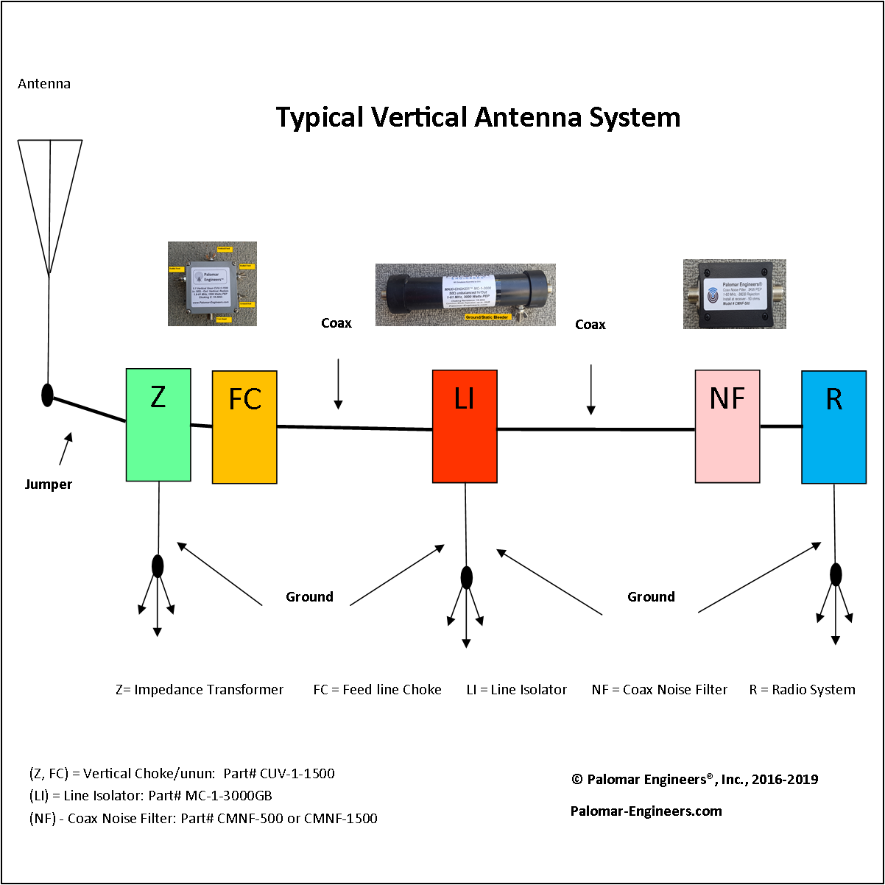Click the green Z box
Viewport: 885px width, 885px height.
click(x=158, y=425)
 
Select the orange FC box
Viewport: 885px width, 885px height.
click(x=244, y=427)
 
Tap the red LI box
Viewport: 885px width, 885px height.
click(x=465, y=426)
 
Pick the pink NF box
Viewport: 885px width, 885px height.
click(x=727, y=426)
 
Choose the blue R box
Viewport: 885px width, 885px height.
click(x=833, y=427)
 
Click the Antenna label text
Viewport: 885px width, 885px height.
click(x=44, y=84)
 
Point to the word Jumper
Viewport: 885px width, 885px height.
click(x=49, y=484)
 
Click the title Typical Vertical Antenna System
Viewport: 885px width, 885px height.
click(x=478, y=118)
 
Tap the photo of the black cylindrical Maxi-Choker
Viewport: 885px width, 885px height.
click(x=465, y=295)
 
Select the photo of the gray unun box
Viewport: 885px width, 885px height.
click(x=212, y=283)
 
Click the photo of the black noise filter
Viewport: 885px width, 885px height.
click(x=734, y=294)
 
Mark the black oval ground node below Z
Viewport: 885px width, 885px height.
click(x=158, y=566)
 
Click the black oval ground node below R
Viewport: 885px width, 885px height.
click(x=836, y=574)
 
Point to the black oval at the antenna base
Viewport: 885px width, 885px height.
click(x=47, y=395)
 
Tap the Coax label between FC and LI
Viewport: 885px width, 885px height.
click(x=336, y=323)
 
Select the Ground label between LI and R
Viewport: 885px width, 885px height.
click(x=651, y=597)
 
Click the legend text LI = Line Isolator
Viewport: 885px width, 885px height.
click(x=517, y=690)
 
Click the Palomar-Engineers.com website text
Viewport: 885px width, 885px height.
click(x=646, y=811)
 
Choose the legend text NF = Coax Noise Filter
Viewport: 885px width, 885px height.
click(x=659, y=690)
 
